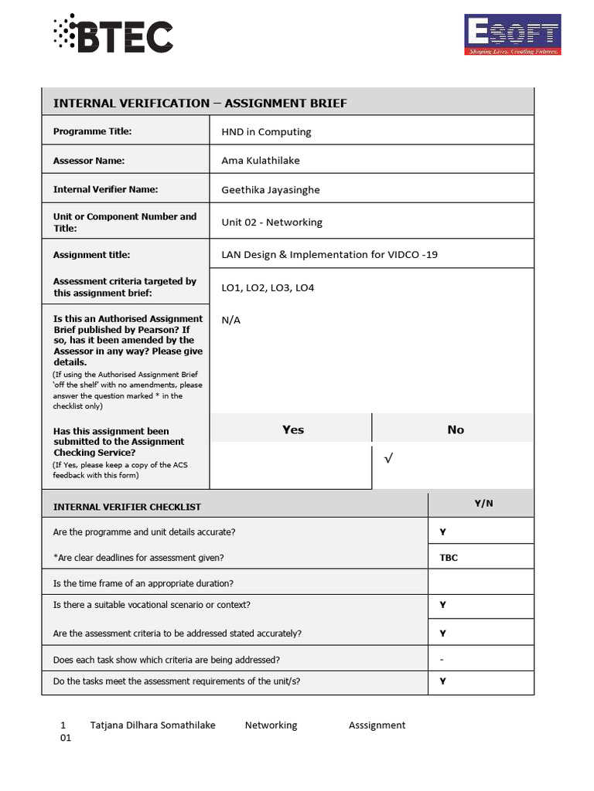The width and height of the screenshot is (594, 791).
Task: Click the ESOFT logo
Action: (512, 35)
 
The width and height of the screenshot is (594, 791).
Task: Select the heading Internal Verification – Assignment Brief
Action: (200, 103)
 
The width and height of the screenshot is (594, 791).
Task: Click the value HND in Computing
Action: (266, 132)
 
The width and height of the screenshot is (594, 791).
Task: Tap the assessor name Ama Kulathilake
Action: (260, 161)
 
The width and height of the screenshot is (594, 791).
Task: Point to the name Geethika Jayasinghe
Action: (270, 190)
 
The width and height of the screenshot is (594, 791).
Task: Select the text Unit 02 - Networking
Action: (271, 222)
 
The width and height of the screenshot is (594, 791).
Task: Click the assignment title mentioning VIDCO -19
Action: (329, 255)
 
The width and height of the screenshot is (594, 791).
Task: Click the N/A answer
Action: (230, 320)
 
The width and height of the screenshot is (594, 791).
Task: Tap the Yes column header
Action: (292, 429)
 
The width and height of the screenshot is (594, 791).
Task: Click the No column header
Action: (456, 429)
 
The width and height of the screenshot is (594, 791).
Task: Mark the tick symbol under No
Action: (388, 460)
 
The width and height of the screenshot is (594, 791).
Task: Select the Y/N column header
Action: (483, 504)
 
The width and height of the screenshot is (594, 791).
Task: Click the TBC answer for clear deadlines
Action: (449, 558)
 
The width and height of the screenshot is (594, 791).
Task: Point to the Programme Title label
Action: (92, 131)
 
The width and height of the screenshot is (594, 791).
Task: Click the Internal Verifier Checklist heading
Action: (127, 507)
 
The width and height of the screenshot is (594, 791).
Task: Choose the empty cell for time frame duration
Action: (480, 583)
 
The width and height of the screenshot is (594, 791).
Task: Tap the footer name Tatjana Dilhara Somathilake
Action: (152, 725)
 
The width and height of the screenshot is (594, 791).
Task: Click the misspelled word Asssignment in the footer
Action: (377, 725)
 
